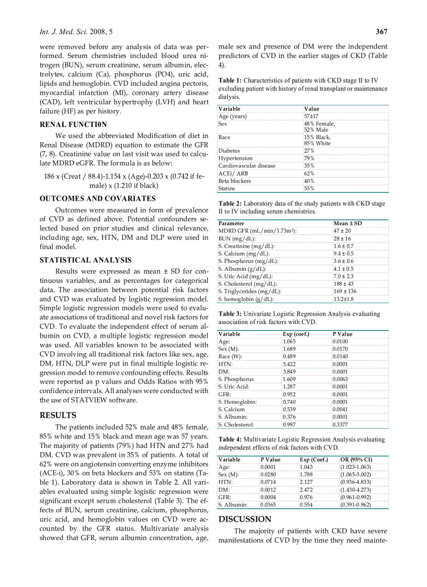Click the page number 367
(x=381, y=32)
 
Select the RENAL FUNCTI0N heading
(x=73, y=124)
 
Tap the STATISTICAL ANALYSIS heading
(x=86, y=260)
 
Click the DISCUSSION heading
(x=244, y=519)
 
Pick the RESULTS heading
(x=58, y=416)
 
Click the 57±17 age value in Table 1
(x=311, y=116)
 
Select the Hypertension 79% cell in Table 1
(x=309, y=158)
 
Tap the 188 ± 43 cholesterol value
(x=343, y=284)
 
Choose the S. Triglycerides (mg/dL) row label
(x=250, y=291)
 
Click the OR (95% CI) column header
(x=355, y=459)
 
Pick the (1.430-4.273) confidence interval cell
(x=355, y=490)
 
